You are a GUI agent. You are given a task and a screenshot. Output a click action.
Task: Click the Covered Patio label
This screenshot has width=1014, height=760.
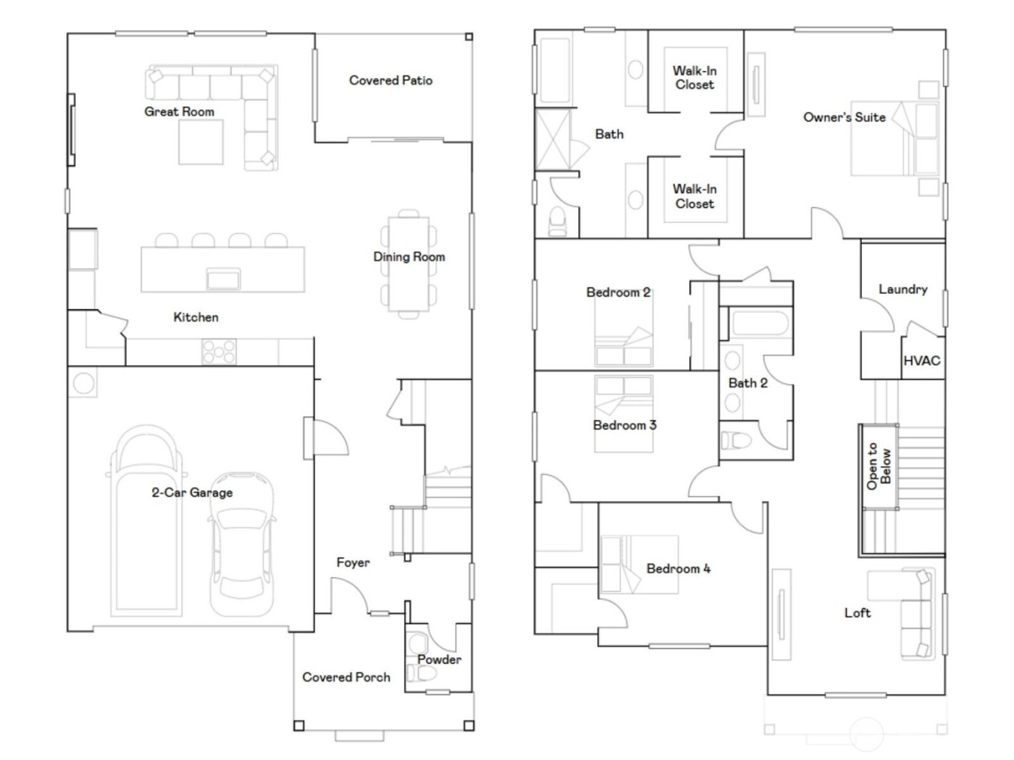pyautogui.click(x=390, y=80)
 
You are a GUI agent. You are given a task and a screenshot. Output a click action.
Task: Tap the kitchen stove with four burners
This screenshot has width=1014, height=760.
pyautogui.click(x=219, y=352)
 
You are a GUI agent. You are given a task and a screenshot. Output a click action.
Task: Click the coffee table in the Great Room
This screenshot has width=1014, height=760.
pyautogui.click(x=201, y=142)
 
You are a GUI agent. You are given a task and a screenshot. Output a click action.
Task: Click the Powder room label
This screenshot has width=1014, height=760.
pyautogui.click(x=439, y=659)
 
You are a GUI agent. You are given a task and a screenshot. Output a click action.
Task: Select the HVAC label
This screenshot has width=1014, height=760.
pyautogui.click(x=921, y=360)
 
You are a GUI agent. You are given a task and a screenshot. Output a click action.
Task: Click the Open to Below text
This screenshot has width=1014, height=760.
pyautogui.click(x=878, y=466)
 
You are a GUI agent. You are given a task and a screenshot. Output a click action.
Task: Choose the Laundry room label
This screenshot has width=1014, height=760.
pyautogui.click(x=902, y=289)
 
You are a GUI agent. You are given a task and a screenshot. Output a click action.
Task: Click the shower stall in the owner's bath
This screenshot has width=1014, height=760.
pyautogui.click(x=552, y=140)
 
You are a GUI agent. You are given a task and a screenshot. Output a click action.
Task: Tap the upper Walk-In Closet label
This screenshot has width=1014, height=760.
pyautogui.click(x=695, y=77)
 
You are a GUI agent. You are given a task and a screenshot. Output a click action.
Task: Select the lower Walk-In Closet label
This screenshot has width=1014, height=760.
pyautogui.click(x=695, y=196)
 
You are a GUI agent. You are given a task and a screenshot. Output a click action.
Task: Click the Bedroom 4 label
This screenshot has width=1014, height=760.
pyautogui.click(x=678, y=569)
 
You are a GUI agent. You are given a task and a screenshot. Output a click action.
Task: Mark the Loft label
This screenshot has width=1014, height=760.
pyautogui.click(x=858, y=613)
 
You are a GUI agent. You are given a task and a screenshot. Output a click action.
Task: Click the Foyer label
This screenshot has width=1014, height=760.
pyautogui.click(x=353, y=562)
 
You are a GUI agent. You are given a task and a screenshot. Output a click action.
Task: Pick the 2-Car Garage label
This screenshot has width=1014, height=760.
pyautogui.click(x=192, y=493)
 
